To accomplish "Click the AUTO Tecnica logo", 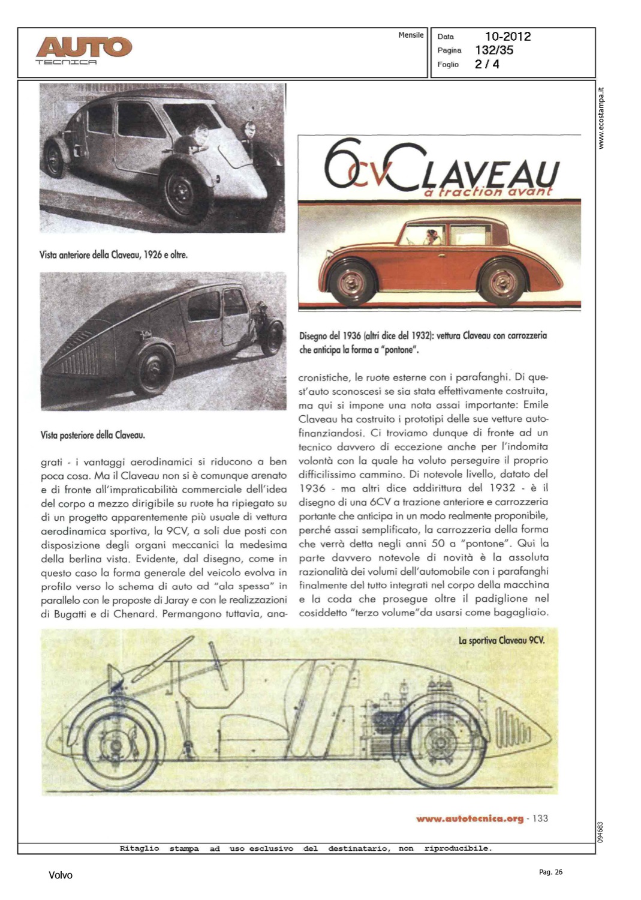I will [x=83, y=50].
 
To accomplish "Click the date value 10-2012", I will [x=508, y=37].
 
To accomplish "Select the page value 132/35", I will [x=494, y=50].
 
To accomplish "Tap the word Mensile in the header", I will [x=411, y=35].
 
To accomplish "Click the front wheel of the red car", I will [x=351, y=281].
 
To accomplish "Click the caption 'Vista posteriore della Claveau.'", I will [x=93, y=435].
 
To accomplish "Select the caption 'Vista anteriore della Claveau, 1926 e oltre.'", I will [x=114, y=254].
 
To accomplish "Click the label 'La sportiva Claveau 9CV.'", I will [x=501, y=640].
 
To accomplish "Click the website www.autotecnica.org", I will [x=470, y=818].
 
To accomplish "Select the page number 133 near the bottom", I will [x=540, y=818].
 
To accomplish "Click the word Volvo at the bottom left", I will [x=61, y=875].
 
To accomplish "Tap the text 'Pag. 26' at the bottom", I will [x=550, y=872].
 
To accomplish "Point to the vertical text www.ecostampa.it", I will [x=602, y=118].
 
